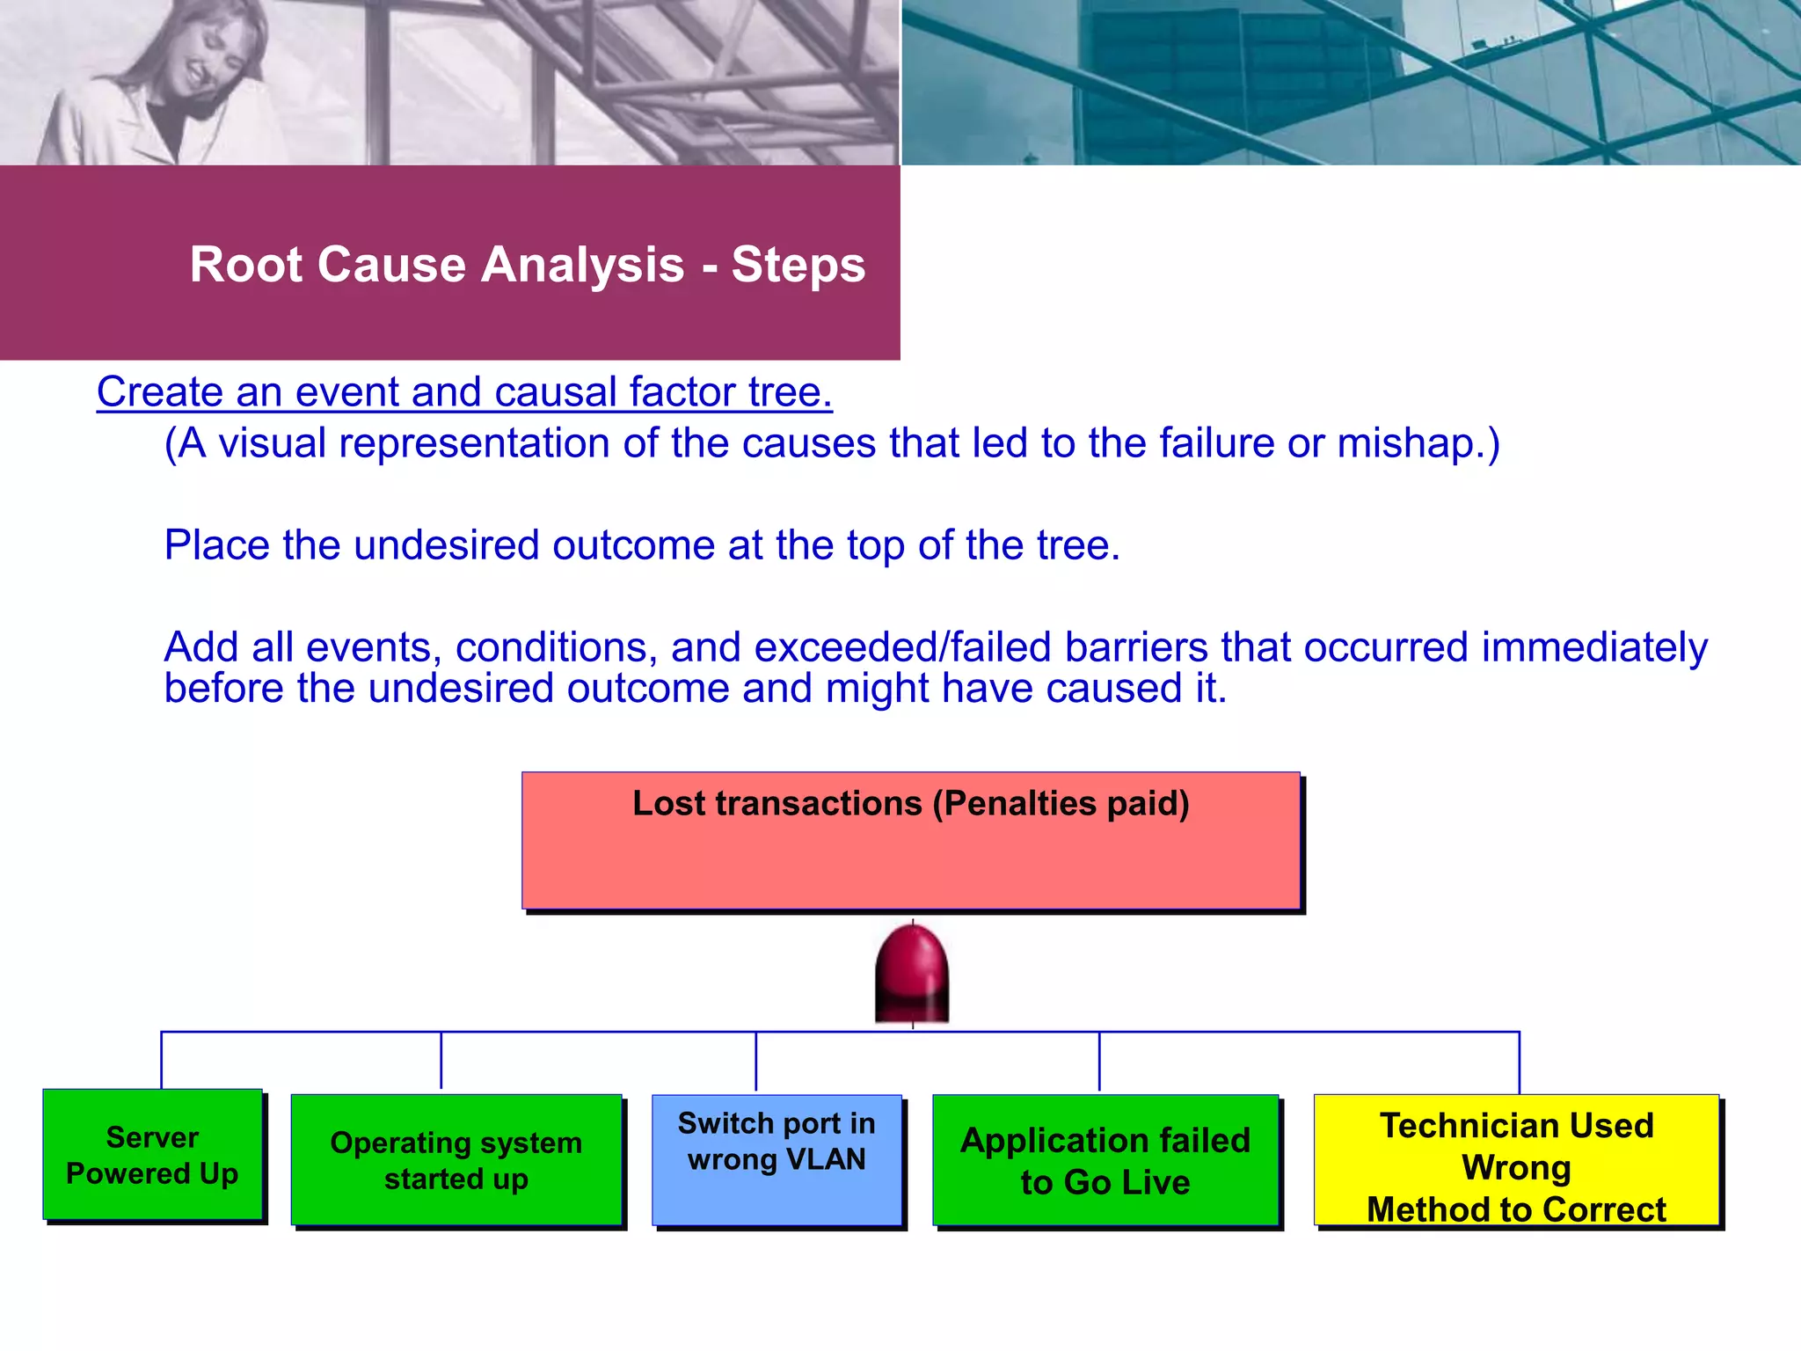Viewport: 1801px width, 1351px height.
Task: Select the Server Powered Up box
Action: tap(152, 1155)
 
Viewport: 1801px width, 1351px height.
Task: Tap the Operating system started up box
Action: tap(456, 1160)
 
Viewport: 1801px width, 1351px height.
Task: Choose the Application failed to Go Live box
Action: tap(1105, 1160)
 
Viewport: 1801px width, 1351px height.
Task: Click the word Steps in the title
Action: tap(798, 265)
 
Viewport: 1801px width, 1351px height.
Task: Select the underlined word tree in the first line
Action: tap(789, 392)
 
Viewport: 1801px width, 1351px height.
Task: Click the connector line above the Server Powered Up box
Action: tap(162, 1060)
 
